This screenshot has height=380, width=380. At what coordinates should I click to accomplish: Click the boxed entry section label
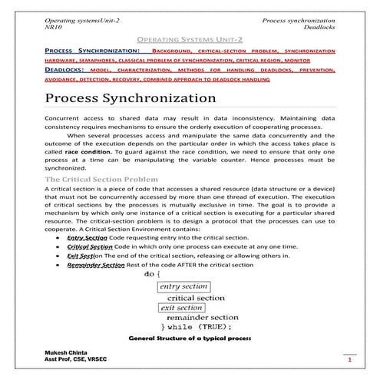tap(182, 286)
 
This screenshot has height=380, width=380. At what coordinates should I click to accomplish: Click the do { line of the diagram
tap(152, 274)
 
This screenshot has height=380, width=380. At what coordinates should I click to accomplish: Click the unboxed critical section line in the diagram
tap(196, 297)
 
